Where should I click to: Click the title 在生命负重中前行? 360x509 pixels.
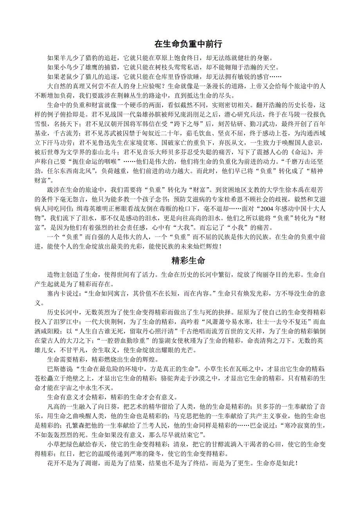tap(188, 43)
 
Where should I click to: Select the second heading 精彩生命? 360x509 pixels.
tap(188, 261)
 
